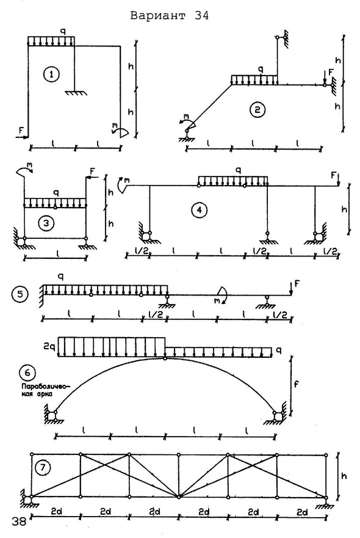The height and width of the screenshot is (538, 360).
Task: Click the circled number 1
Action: tap(51, 75)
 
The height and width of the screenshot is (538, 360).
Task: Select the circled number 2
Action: tap(257, 110)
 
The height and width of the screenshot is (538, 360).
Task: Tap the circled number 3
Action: tap(46, 224)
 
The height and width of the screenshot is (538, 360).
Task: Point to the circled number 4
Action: tap(199, 209)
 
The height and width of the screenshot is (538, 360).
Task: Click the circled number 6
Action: tap(27, 373)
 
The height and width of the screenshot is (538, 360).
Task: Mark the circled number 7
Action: tap(43, 467)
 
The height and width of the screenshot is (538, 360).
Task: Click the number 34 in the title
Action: tap(201, 16)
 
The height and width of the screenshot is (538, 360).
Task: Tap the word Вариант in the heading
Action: tap(158, 16)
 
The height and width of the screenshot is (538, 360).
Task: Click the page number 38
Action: tap(19, 522)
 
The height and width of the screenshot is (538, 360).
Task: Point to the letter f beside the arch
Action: tap(296, 384)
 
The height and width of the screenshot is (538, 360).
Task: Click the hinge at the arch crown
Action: tap(165, 358)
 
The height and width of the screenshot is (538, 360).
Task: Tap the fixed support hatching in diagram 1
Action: tap(76, 93)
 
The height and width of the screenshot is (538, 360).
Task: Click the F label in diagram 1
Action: tap(21, 130)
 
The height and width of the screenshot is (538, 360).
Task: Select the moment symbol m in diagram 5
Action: tap(217, 300)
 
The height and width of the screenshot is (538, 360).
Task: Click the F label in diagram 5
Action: tap(297, 284)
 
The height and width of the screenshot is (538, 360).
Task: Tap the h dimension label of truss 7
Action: tap(344, 476)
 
